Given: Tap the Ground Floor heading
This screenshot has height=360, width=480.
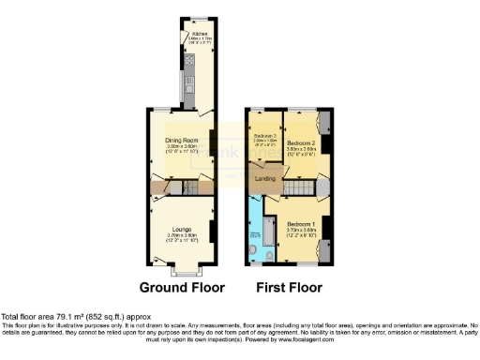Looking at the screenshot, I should click(x=179, y=287).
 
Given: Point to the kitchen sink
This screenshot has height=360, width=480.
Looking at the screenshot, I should click(x=187, y=89).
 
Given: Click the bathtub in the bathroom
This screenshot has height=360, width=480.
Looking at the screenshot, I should click(x=255, y=225).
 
